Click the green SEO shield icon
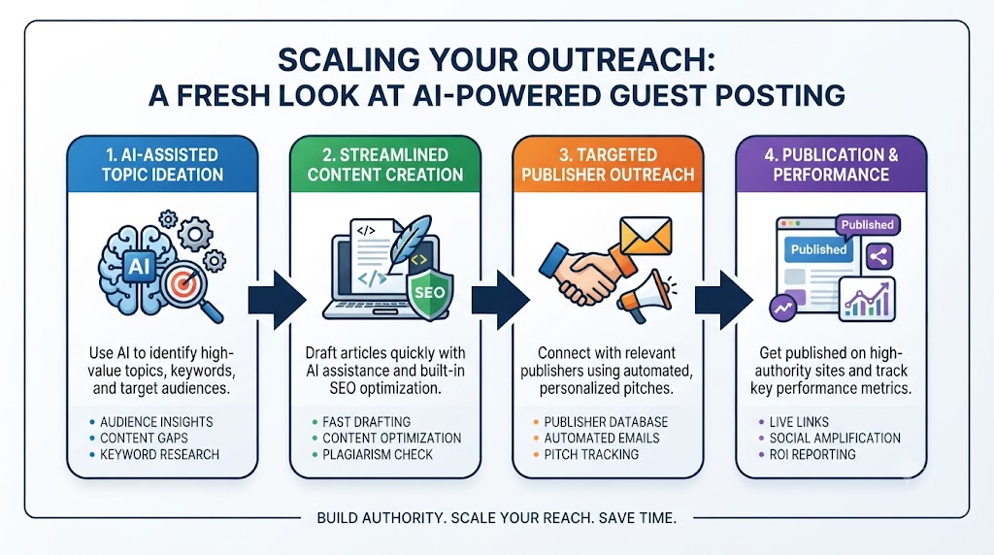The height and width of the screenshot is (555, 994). click(x=430, y=294)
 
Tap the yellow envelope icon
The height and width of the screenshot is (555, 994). click(x=646, y=237)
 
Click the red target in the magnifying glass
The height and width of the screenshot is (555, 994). click(x=182, y=283)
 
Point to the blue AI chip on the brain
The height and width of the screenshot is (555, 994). click(x=140, y=266)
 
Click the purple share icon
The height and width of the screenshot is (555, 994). click(x=878, y=256)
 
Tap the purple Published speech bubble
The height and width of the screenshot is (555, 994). click(x=867, y=226)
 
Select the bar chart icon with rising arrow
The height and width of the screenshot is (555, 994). click(x=867, y=299)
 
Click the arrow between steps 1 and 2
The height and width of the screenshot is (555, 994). click(x=277, y=300)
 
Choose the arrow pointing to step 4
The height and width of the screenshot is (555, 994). click(x=724, y=300)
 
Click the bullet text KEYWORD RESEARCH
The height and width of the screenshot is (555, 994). click(x=160, y=454)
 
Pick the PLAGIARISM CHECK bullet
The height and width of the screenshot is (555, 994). click(x=378, y=454)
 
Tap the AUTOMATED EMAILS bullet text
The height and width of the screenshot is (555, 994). click(x=602, y=438)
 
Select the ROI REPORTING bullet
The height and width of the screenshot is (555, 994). click(x=812, y=454)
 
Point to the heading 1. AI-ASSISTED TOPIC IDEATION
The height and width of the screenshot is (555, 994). click(x=163, y=165)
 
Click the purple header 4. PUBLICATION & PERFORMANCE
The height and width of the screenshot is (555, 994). click(x=831, y=165)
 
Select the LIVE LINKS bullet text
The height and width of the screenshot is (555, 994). click(x=799, y=421)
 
